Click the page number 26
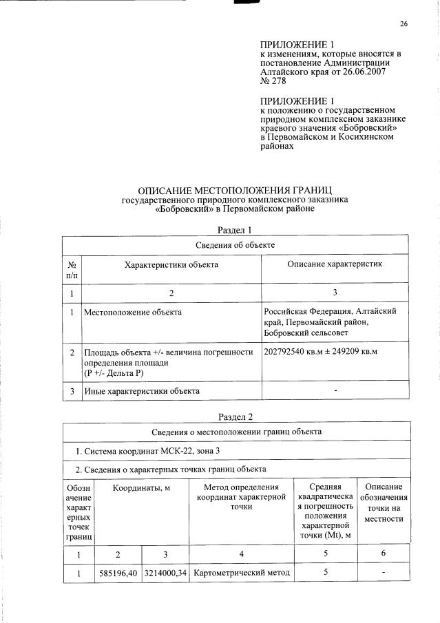[x=404, y=25]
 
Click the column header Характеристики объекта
[x=171, y=264]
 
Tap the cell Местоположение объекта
[x=133, y=313]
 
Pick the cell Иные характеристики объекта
[x=142, y=391]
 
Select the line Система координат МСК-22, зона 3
[x=156, y=451]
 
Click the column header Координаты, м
[x=143, y=488]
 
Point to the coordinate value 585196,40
[x=118, y=573]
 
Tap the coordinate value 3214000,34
[x=165, y=573]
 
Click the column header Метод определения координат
[x=241, y=497]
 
